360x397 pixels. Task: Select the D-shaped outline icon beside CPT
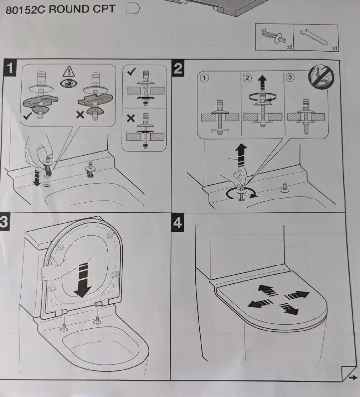click(133, 9)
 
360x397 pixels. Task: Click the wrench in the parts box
click(314, 37)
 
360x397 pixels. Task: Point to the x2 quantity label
click(289, 47)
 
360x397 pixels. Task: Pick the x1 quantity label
click(335, 48)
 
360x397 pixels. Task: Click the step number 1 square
click(10, 68)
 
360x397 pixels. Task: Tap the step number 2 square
click(178, 68)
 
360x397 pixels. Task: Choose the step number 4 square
click(178, 223)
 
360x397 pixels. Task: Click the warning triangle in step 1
click(69, 71)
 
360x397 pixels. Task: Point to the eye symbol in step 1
click(69, 83)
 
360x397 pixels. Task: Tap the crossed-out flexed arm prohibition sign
click(321, 77)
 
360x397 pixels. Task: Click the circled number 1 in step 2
click(204, 78)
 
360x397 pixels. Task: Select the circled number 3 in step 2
click(290, 77)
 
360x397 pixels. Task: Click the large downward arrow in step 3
click(83, 280)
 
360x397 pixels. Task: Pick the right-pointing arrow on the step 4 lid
click(296, 295)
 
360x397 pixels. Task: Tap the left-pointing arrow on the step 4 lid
click(260, 303)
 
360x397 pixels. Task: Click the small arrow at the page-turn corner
click(353, 378)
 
